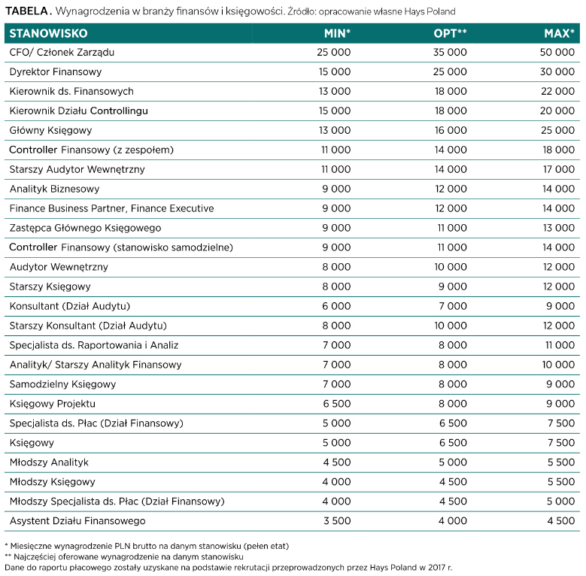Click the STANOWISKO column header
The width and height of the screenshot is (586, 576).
point(48,34)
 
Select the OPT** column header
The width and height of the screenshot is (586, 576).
point(450,34)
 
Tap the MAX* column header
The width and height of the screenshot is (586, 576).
point(559,34)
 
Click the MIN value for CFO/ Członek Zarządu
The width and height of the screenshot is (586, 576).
point(334,53)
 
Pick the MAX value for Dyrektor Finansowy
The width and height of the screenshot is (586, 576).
point(557,71)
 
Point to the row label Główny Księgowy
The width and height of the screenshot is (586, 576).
point(50,130)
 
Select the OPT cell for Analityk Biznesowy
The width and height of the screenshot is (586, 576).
point(451,189)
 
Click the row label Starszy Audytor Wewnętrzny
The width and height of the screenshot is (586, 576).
point(77,170)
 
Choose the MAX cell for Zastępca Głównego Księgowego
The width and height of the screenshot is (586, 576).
point(559,228)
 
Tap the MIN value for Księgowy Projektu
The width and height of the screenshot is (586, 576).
point(337,404)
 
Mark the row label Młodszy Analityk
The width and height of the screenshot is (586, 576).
point(49,462)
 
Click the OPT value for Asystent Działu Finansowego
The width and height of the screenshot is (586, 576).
point(453,521)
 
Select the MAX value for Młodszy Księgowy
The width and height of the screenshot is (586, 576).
point(561,482)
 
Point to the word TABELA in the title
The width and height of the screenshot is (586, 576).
point(26,11)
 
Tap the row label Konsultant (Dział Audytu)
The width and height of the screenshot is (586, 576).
point(69,306)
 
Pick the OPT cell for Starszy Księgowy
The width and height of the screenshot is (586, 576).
point(453,286)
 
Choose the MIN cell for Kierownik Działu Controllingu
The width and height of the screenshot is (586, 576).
point(335,111)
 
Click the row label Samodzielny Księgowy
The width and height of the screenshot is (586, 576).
point(62,384)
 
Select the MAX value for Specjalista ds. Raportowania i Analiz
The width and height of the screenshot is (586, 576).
point(560,345)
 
